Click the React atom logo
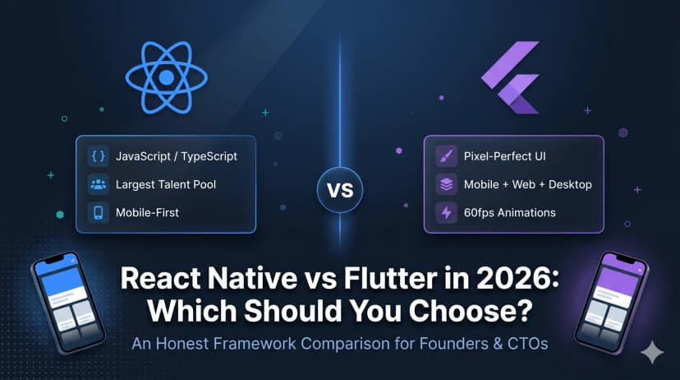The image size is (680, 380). click(x=166, y=77)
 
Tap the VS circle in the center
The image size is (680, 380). click(x=340, y=191)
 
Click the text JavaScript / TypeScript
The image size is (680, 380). click(x=176, y=155)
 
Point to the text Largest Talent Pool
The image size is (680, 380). click(x=166, y=184)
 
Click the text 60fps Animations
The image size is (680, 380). click(x=509, y=212)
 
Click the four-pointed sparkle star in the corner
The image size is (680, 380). click(x=653, y=352)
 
